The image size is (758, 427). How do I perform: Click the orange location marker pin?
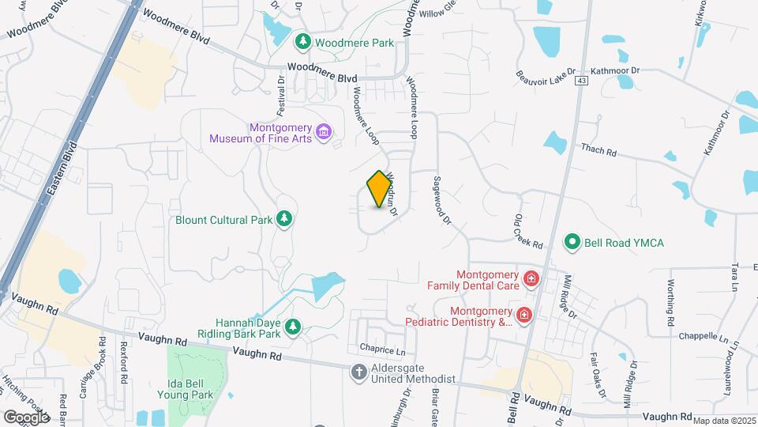(x=379, y=189)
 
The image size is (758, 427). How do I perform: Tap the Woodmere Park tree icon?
(x=302, y=41)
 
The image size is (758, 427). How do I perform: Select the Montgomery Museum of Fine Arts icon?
(x=322, y=130)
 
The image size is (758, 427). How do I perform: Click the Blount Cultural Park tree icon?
(x=284, y=219)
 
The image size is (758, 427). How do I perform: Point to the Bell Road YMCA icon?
(x=572, y=242)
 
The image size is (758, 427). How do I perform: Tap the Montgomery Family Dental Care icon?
(x=531, y=278)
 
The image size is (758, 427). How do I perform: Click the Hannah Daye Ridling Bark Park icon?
(x=293, y=326)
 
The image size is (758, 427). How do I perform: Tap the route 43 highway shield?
(x=582, y=81)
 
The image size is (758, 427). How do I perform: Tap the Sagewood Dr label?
(x=440, y=198)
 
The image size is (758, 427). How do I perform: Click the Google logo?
(x=27, y=417)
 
